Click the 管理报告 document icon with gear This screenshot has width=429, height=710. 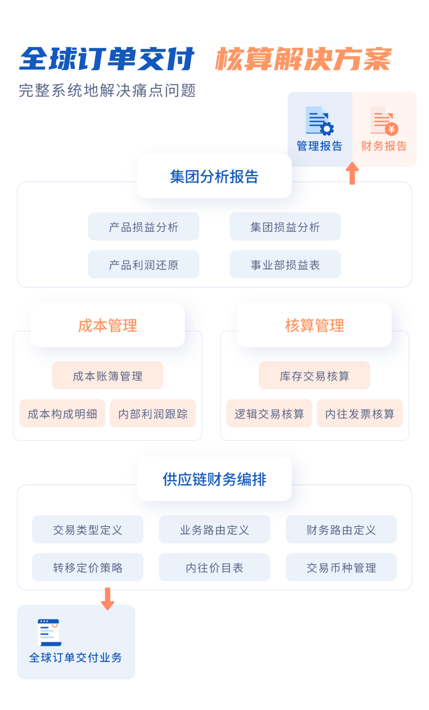point(319,120)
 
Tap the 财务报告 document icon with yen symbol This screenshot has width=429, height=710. point(384,120)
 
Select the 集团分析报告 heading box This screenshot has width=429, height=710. point(214,176)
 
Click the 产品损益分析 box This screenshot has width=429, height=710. point(143,227)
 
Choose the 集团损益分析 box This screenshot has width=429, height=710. point(285,227)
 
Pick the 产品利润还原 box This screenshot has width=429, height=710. point(143,265)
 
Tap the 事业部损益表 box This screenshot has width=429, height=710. point(285,265)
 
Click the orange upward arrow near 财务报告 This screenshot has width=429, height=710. point(352,173)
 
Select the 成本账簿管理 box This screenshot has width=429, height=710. point(107,375)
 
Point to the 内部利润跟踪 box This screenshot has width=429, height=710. point(153,414)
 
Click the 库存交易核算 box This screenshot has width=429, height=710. point(314,375)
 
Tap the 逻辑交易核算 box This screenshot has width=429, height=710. point(269,414)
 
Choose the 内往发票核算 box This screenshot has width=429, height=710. point(359,414)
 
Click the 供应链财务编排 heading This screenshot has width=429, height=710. point(214,479)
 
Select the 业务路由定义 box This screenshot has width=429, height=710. point(214,529)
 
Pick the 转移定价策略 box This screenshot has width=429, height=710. point(87,567)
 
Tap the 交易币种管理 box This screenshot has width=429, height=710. point(341,567)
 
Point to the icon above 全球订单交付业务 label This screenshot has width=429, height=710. point(49,633)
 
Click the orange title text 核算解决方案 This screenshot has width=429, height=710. point(303,59)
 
